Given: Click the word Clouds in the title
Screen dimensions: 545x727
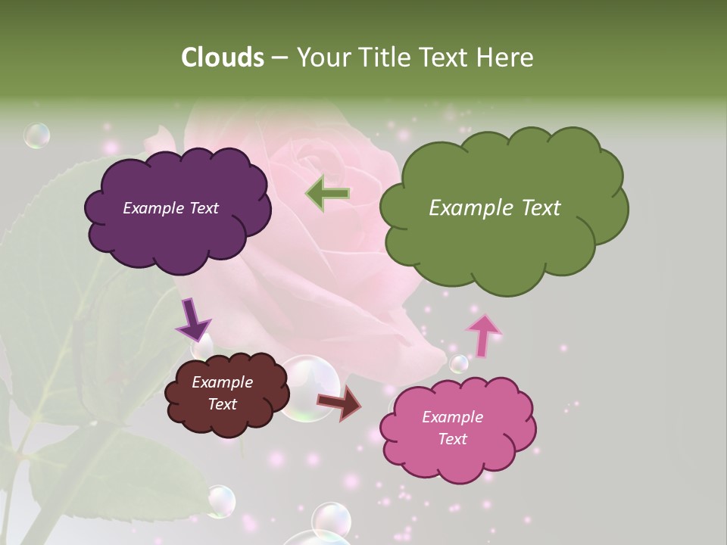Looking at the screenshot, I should (x=222, y=58).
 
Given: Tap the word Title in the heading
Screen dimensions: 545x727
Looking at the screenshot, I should (x=383, y=58).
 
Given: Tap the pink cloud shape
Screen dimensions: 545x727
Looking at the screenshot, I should (x=457, y=458).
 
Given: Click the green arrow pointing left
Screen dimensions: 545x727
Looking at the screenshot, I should (x=327, y=193).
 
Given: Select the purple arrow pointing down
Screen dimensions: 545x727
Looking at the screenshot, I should (x=192, y=319).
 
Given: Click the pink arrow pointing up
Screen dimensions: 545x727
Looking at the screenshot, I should (x=483, y=334).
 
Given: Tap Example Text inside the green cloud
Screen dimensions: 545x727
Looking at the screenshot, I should (x=495, y=208).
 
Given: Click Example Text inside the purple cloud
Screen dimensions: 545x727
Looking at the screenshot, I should (x=170, y=208).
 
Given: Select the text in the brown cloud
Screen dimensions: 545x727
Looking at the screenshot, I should (x=222, y=394).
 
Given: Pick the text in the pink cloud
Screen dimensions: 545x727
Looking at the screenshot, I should (x=452, y=428).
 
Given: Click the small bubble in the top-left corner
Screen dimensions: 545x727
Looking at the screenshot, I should (x=36, y=135).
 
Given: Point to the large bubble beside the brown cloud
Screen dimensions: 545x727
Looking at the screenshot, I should (x=309, y=386).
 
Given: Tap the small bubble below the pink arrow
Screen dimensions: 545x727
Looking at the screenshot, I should (x=459, y=364).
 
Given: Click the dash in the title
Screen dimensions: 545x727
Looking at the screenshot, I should (x=279, y=58).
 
